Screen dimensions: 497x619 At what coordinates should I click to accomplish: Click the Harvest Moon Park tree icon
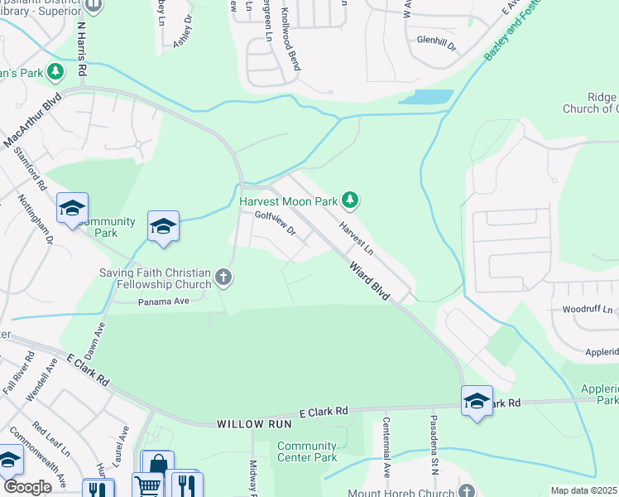coord(351,200)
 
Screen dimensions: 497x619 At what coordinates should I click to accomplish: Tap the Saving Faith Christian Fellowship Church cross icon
coord(222,277)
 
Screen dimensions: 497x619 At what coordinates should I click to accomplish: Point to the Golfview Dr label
coord(275,223)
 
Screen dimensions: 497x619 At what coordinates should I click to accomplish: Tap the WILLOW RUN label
coord(246,424)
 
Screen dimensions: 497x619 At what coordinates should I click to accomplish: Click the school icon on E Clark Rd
coord(477,401)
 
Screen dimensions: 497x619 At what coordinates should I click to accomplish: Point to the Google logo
coord(27,487)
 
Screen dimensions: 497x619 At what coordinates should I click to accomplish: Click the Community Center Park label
coord(307,451)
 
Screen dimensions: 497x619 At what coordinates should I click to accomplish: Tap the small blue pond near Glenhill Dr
coord(426,96)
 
